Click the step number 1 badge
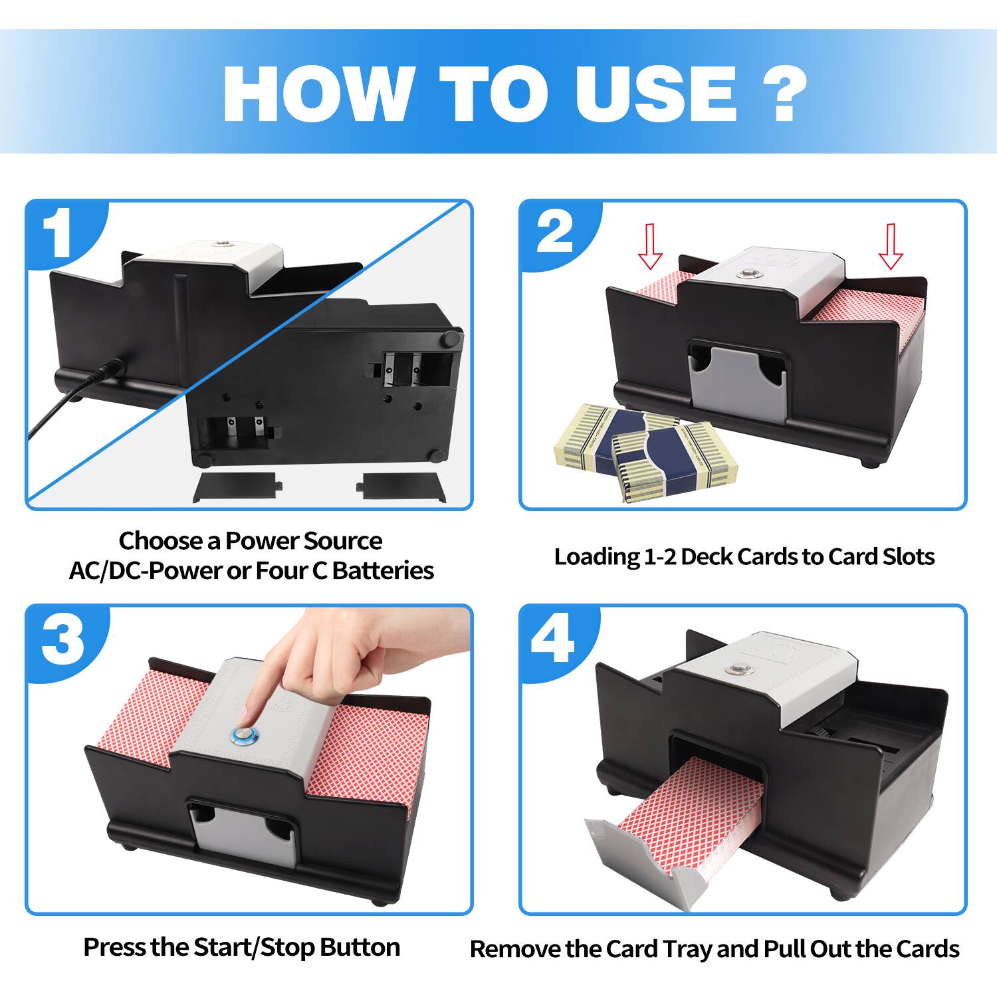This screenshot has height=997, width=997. pos(61,234)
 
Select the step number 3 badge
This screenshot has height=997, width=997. pos(62,639)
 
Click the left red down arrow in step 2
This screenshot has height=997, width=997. pos(650,246)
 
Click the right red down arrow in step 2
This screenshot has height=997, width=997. pos(891,246)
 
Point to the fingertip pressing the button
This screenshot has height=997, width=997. pos(247,721)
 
